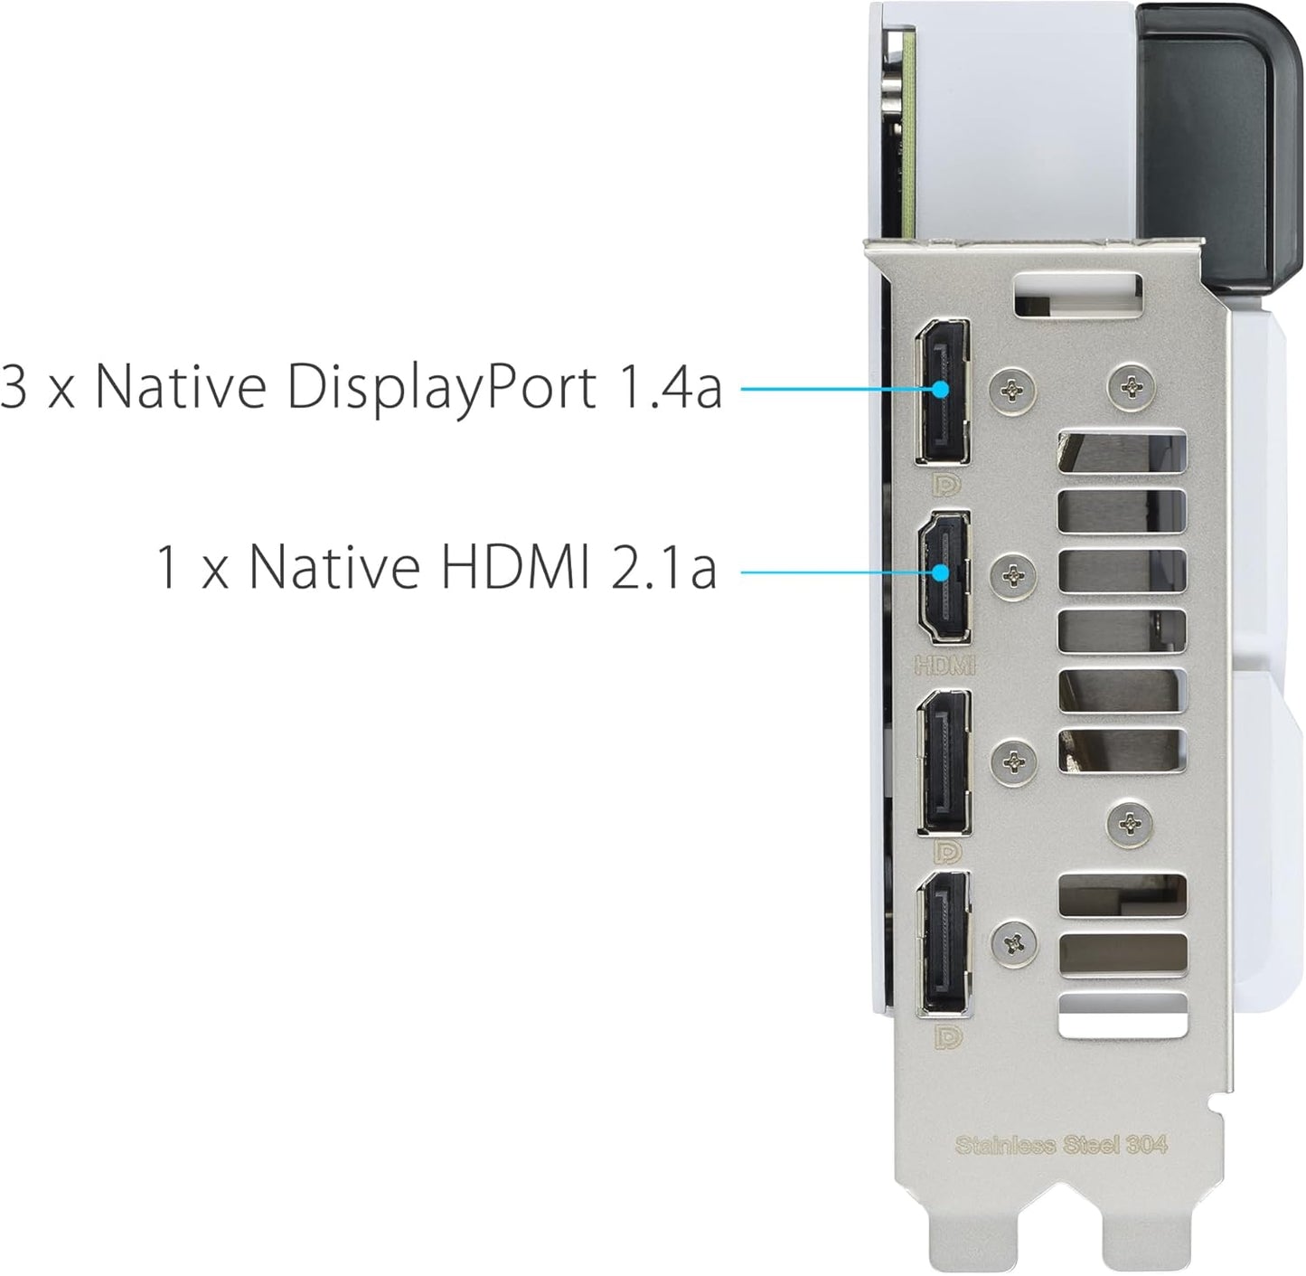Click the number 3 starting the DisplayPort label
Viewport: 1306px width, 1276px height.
pos(14,386)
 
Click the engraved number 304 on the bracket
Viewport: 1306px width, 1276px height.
pos(1146,1144)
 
